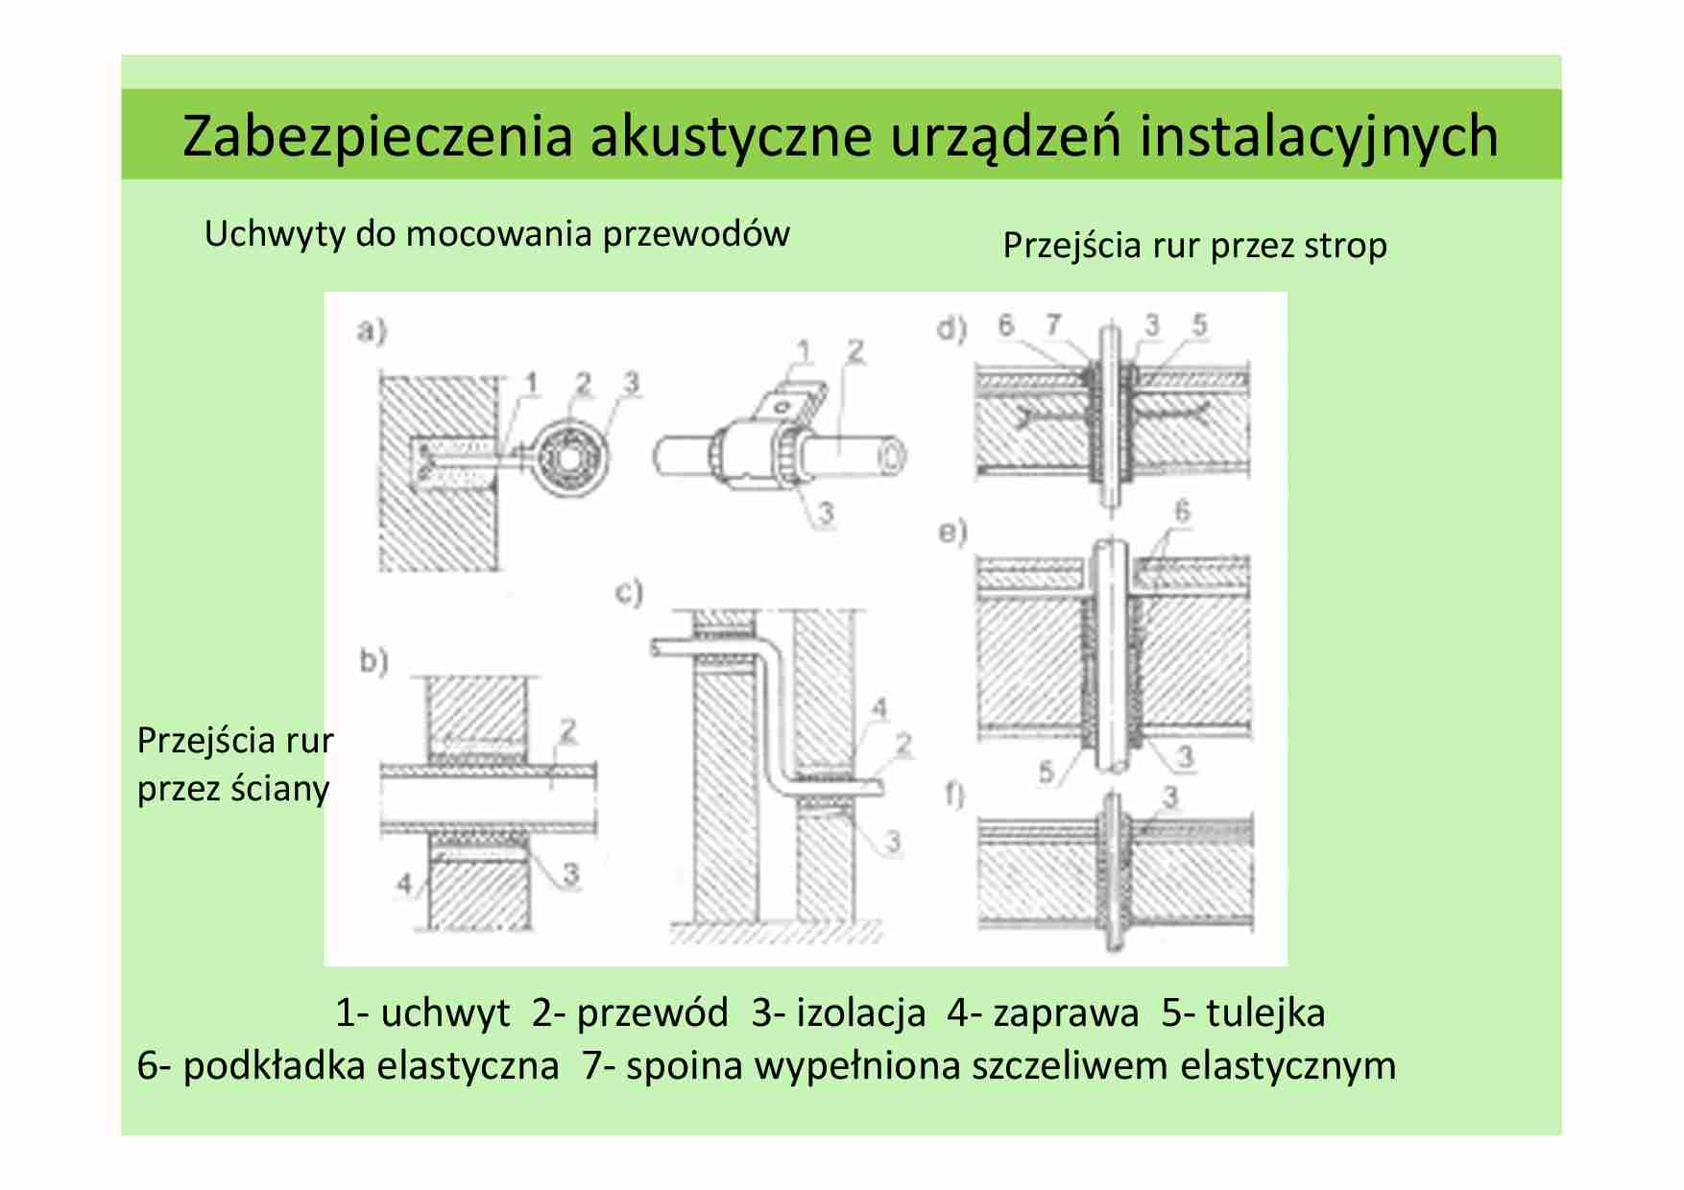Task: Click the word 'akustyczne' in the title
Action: tap(731, 136)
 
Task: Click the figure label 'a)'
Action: tap(372, 332)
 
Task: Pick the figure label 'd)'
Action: tap(951, 330)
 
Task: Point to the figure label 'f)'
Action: tap(954, 796)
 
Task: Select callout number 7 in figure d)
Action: tap(1054, 325)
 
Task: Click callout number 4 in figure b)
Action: tap(406, 884)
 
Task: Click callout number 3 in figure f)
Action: tap(1170, 797)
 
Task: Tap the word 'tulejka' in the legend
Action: tap(1265, 1013)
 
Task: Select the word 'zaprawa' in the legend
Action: tap(1066, 1013)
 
